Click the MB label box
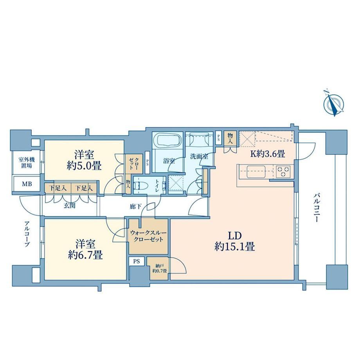[x=27, y=184]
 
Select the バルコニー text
[x=317, y=208]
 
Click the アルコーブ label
[x=27, y=234]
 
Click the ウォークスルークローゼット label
[x=148, y=236]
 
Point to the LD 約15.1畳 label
[x=234, y=241]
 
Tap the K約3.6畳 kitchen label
[x=268, y=154]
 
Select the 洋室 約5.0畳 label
[x=84, y=160]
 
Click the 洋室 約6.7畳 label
[x=85, y=250]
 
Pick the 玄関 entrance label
[x=69, y=206]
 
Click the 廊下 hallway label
[x=136, y=207]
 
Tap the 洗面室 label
[x=199, y=157]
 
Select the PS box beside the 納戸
[x=137, y=261]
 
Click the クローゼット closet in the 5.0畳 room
[x=133, y=164]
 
